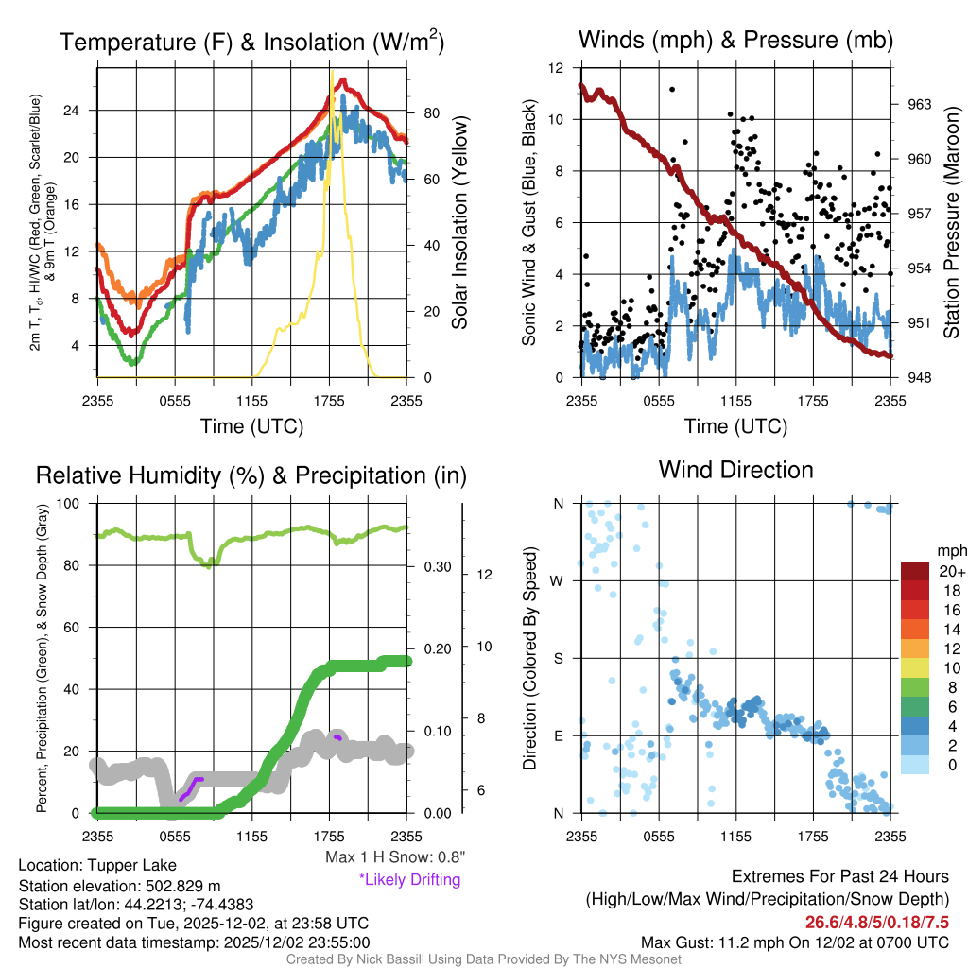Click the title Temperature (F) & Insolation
(x=251, y=43)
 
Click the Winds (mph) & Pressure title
(x=735, y=40)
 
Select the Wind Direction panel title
(x=735, y=470)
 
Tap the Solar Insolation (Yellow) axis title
(x=460, y=223)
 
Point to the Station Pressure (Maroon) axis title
(x=952, y=223)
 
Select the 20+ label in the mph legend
(x=951, y=572)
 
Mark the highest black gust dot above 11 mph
(x=672, y=89)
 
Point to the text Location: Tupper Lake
(x=97, y=865)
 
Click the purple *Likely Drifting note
(x=409, y=880)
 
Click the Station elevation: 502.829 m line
(x=119, y=885)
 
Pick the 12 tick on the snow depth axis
(x=482, y=574)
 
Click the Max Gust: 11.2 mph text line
(x=795, y=942)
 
